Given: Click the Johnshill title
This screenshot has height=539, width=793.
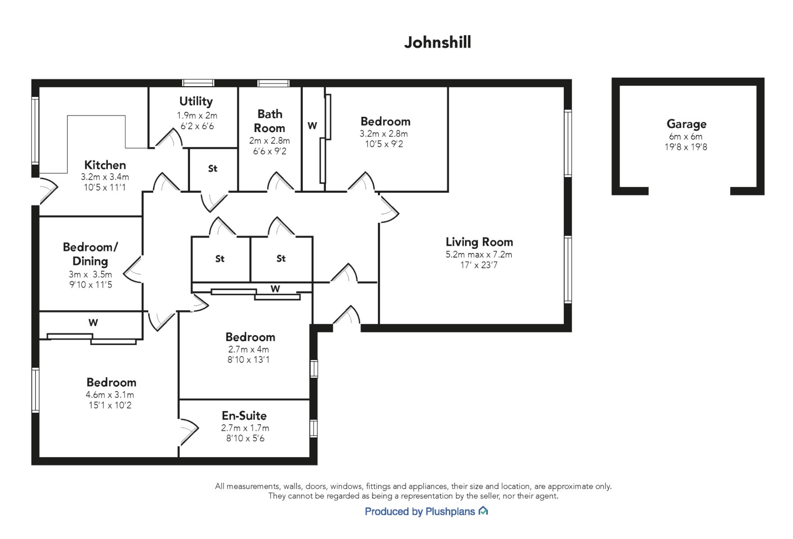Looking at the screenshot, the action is point(437,42).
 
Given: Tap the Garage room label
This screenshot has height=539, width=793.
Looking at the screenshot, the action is point(686,124).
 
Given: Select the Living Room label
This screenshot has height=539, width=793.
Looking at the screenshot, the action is point(479,242).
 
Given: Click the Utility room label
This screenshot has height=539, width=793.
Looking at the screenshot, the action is point(196,101).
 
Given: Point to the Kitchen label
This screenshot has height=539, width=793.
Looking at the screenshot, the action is point(105,165).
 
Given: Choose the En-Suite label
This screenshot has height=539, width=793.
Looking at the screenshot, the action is point(244,415).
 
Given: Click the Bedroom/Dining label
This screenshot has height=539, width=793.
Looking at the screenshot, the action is point(90,254).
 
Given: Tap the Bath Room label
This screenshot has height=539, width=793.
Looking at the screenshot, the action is point(270,121).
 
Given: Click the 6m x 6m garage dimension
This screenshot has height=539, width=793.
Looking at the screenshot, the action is point(686,137).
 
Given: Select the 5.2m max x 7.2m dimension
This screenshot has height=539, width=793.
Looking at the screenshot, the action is point(479,255).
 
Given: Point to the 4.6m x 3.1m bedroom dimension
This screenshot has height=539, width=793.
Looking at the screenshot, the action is point(110,395).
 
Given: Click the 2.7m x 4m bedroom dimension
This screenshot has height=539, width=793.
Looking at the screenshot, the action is point(248,349).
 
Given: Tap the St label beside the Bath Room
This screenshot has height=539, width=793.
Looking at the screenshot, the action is point(213,168).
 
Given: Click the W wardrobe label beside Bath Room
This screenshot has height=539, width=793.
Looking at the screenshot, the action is point(312,126).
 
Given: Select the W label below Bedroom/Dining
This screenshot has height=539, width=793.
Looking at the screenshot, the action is point(93,323).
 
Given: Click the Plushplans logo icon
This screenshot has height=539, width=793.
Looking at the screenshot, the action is point(483,511).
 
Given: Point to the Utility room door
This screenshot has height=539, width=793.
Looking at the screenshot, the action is point(168,138).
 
